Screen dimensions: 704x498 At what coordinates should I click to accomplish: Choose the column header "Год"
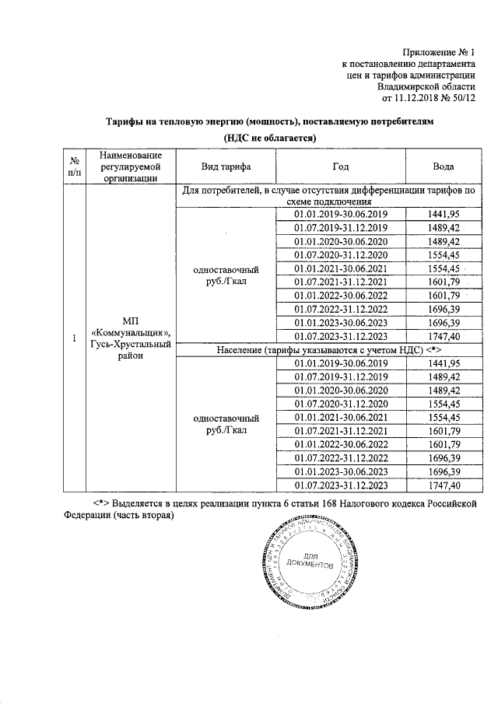pos(340,167)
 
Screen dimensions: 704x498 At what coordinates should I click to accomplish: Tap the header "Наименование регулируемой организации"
pos(130,167)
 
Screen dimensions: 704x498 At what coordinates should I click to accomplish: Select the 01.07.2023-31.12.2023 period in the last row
pos(340,485)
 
